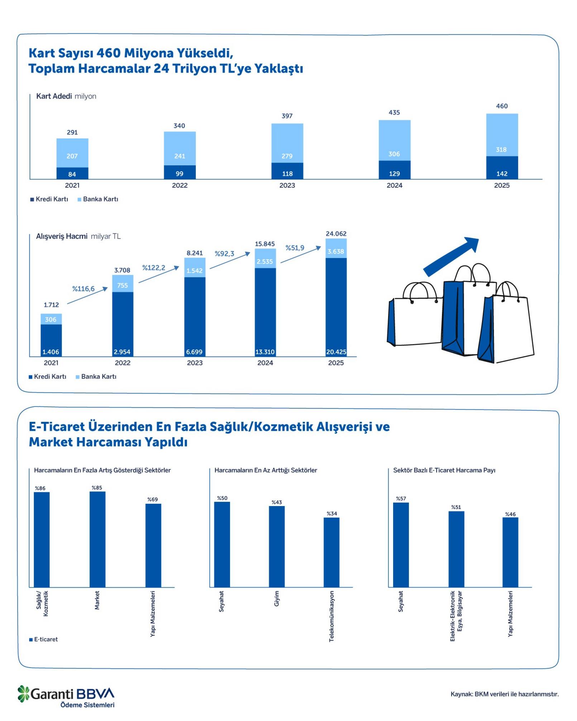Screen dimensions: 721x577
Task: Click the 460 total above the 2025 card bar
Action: pos(501,106)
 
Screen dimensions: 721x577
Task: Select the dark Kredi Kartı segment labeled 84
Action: pos(72,174)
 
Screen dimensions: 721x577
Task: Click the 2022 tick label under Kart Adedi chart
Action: pos(180,185)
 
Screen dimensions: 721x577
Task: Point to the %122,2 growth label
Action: pos(153,268)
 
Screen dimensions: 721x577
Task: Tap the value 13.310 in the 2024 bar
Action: pos(265,352)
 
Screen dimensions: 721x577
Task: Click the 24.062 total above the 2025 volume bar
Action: pos(336,234)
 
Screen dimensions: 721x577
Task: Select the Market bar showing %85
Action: pos(97,539)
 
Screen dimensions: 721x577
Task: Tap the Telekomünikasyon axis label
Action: pos(332,616)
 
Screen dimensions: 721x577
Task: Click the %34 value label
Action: pos(332,514)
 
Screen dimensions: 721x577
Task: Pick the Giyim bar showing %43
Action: pos(277,546)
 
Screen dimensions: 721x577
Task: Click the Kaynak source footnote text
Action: pos(504,694)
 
